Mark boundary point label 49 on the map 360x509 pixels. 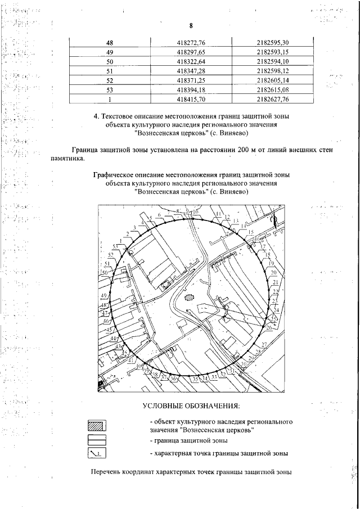[x=103, y=296]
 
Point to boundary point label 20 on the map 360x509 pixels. [x=273, y=273]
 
